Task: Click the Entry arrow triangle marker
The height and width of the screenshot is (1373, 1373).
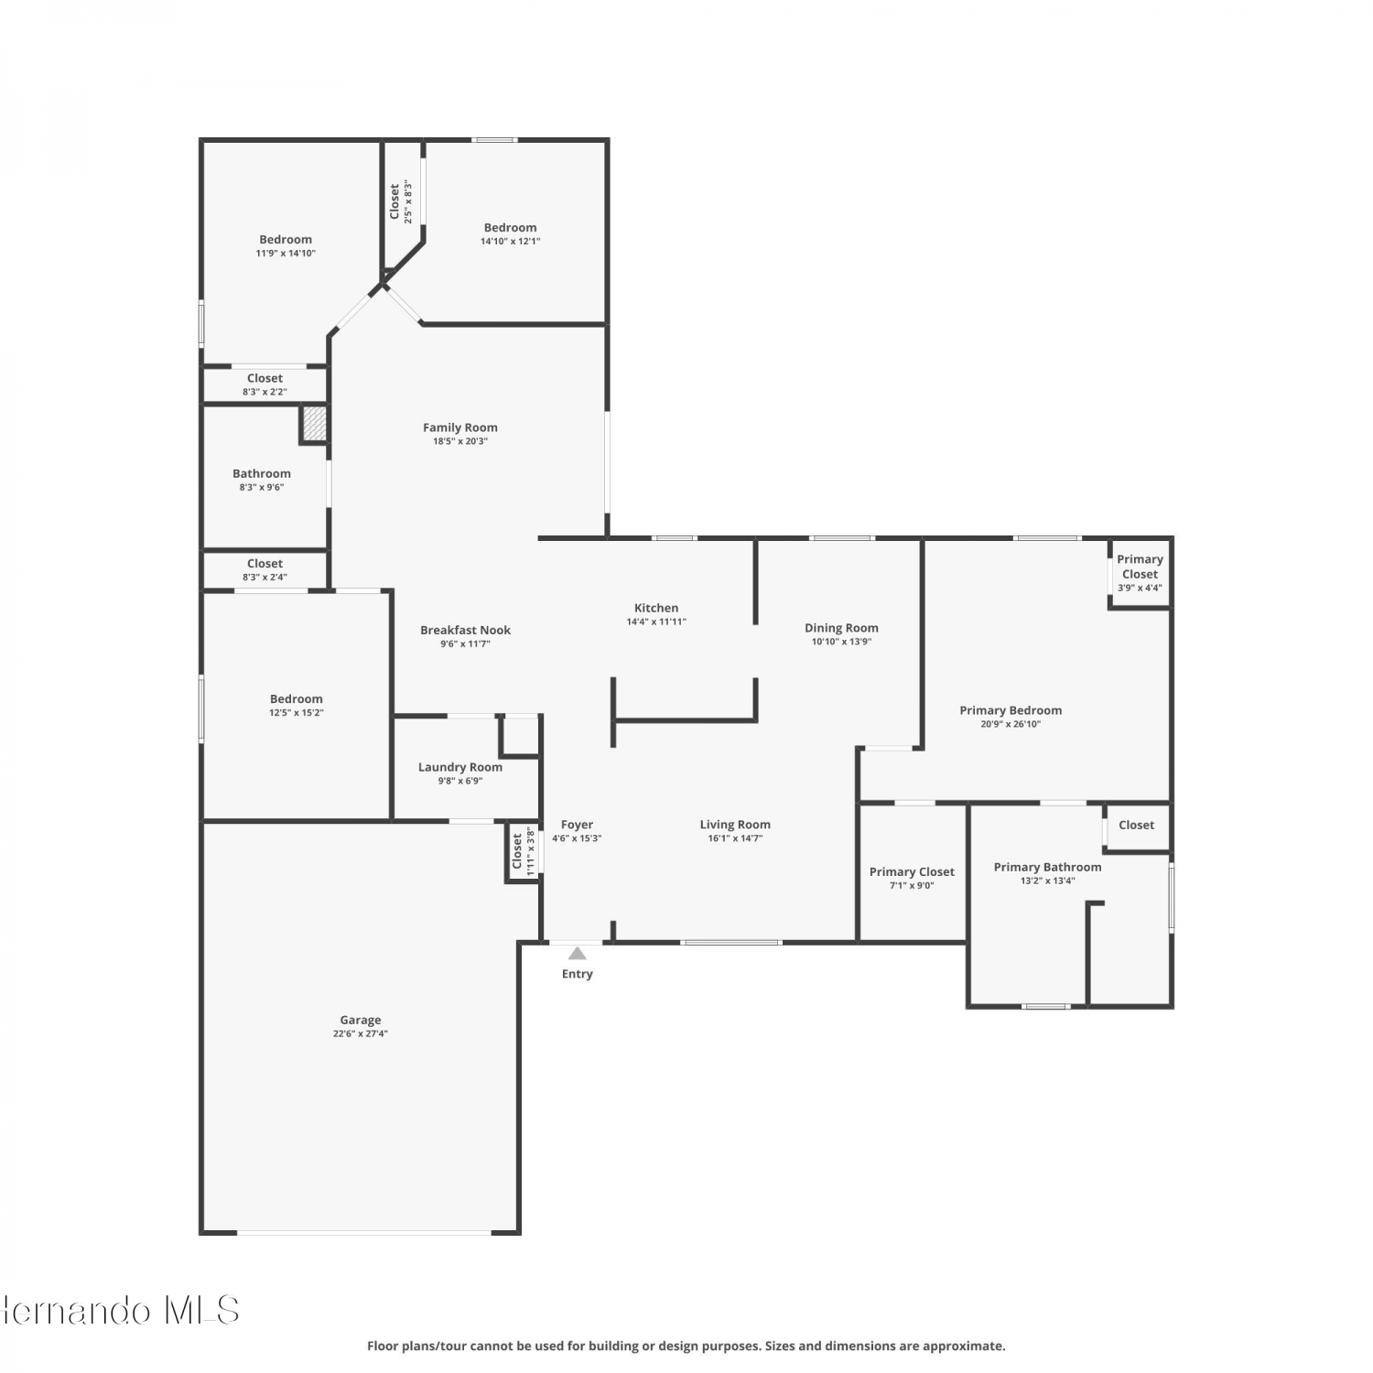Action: point(577,953)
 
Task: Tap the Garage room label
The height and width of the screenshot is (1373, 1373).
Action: point(361,1020)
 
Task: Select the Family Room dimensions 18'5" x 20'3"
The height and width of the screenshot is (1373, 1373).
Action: point(460,441)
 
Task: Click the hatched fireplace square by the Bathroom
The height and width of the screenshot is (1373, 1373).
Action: point(314,423)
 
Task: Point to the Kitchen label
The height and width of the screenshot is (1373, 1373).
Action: point(656,608)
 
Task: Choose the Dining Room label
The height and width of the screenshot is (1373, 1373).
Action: point(841,628)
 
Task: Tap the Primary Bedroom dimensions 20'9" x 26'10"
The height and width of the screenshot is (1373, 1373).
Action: point(1011,724)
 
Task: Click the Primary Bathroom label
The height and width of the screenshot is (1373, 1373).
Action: point(1048,867)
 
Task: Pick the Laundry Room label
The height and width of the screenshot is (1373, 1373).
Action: point(460,767)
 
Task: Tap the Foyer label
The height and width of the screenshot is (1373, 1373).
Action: point(577,825)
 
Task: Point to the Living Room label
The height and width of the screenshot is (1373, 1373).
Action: point(735,825)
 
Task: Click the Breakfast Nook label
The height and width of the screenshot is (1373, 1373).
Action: point(465,630)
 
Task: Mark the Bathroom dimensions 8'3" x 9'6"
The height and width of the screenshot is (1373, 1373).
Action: point(262,488)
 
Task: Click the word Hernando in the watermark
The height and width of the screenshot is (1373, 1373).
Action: point(77,1311)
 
